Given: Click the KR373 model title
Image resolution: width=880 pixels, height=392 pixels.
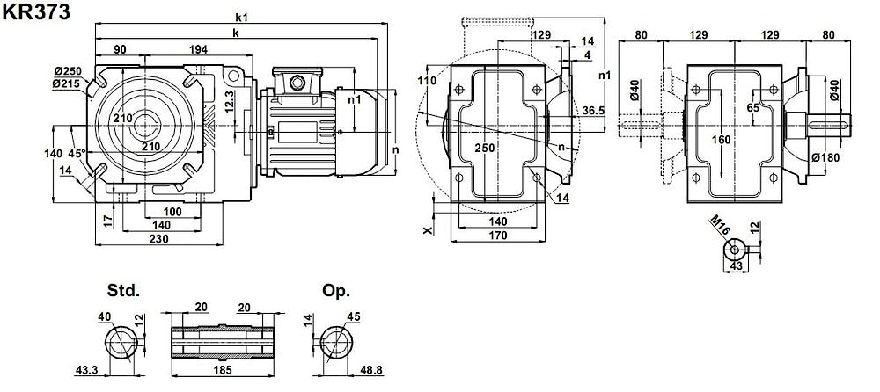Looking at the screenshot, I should (36, 11).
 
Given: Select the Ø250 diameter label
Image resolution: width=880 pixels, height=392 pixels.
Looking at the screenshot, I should (68, 70).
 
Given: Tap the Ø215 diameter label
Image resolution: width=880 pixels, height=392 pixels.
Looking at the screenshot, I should (68, 83).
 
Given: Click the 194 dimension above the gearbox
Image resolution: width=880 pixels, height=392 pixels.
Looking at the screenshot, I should (198, 49).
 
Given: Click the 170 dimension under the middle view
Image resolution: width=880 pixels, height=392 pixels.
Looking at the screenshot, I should (496, 236).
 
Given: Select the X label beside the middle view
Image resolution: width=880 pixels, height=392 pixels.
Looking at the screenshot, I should (429, 230).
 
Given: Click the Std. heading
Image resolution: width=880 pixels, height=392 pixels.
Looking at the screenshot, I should (123, 291).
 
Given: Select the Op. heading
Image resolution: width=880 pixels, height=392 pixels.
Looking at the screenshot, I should (336, 291).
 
